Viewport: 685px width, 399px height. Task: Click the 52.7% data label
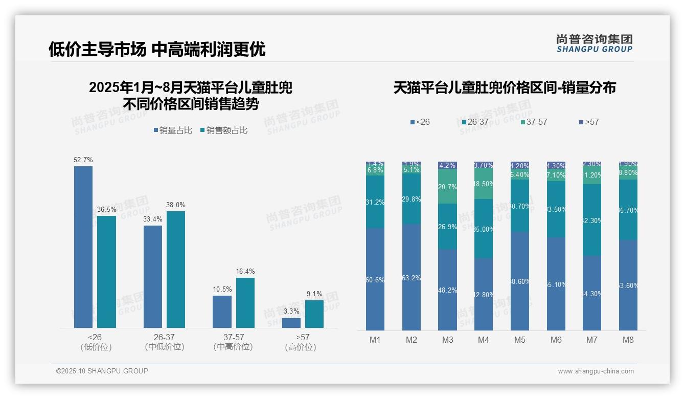point(83,160)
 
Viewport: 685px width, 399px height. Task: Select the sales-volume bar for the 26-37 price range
point(153,276)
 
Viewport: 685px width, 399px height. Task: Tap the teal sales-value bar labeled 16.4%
point(245,302)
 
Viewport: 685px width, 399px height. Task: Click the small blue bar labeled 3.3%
point(291,323)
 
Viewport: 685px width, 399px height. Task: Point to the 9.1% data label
point(314,294)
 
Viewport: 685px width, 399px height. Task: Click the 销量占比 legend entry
point(173,130)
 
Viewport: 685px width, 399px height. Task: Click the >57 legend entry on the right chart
point(589,122)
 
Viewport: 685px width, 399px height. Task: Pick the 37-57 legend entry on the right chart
point(534,122)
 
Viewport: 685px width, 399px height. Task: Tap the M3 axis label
point(448,340)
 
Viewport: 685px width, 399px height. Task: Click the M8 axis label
point(628,340)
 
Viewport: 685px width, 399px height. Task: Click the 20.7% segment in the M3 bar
point(448,187)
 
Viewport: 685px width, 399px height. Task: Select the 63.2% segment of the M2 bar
point(412,278)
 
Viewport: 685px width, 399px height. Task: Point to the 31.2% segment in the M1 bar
point(375,202)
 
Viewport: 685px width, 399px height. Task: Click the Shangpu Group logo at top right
point(595,43)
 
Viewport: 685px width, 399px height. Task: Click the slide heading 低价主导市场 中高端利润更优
point(157,49)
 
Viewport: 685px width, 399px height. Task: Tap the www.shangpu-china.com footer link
point(596,371)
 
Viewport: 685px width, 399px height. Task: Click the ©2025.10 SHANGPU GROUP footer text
point(102,371)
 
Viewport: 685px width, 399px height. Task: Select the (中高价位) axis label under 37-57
point(233,347)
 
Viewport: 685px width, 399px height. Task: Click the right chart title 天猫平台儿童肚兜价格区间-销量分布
point(505,87)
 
